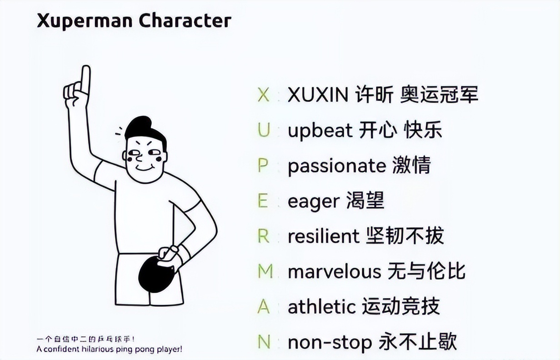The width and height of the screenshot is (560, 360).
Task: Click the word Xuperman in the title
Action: click(x=85, y=21)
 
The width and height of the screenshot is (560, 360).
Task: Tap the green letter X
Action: click(x=263, y=95)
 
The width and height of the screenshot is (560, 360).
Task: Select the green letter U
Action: click(x=263, y=131)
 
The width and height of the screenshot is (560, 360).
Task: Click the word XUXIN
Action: click(x=318, y=95)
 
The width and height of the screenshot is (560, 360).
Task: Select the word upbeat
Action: click(x=320, y=131)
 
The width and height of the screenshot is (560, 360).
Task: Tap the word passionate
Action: click(x=336, y=166)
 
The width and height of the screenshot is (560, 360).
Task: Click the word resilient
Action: click(x=323, y=236)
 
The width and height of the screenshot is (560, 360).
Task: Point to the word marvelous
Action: click(x=334, y=272)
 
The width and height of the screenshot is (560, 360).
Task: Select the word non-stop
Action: click(x=330, y=343)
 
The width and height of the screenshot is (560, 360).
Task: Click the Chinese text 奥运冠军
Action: click(x=439, y=95)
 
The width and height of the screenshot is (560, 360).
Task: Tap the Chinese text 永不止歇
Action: click(x=418, y=343)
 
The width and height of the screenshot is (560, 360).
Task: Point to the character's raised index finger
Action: click(x=85, y=78)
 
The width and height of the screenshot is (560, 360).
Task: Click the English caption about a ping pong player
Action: click(x=109, y=350)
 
